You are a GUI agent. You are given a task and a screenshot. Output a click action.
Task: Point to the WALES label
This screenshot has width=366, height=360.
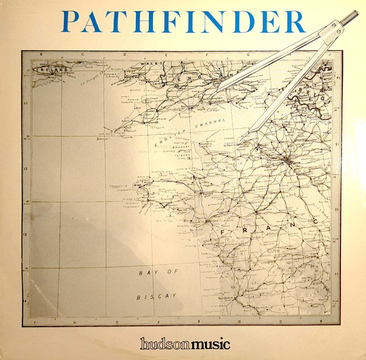point(149,63)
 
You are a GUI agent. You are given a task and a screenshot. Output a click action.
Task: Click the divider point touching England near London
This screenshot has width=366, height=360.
point(218,90)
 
